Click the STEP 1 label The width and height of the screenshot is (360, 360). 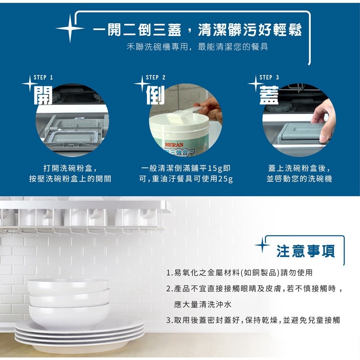pos(43,77)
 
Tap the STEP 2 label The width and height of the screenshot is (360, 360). pos(156,77)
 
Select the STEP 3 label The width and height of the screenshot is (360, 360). pos(269,77)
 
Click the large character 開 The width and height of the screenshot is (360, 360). pos(43,95)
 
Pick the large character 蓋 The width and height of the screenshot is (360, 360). pos(269,95)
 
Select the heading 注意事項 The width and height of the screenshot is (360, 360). pos(306,251)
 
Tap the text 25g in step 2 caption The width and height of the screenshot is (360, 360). pos(226,179)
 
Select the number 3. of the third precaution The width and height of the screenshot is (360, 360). pos(169,320)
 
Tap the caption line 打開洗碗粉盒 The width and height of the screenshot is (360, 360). pos(70,168)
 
